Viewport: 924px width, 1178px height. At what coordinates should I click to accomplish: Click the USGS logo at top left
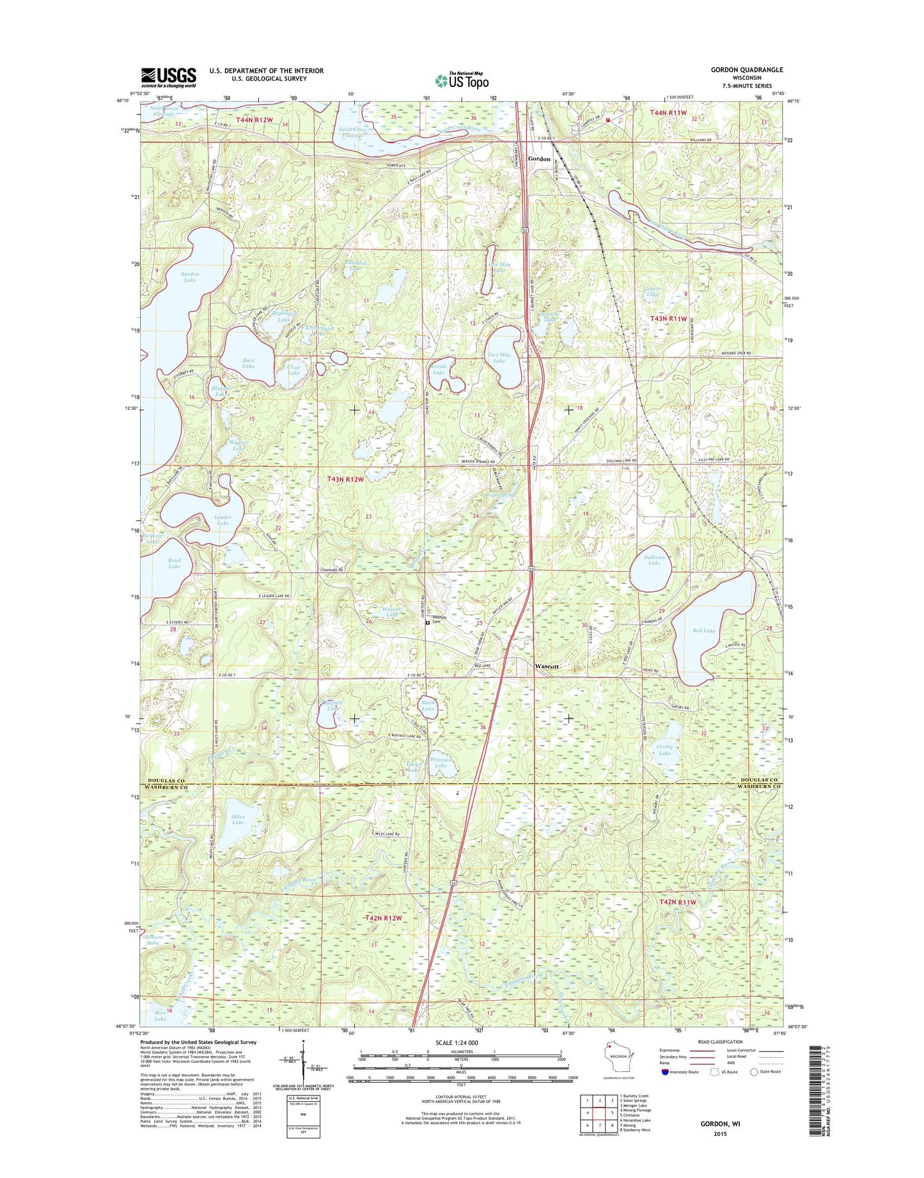pyautogui.click(x=168, y=77)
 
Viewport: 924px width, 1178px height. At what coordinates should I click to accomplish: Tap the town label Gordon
pyautogui.click(x=538, y=159)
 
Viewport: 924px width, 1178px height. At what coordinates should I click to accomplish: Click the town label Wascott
pyautogui.click(x=547, y=666)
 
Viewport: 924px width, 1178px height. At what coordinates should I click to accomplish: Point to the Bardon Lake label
pyautogui.click(x=190, y=277)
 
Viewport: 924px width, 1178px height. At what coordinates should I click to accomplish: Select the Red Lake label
pyautogui.click(x=703, y=631)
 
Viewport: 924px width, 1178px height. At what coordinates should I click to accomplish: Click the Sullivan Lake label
pyautogui.click(x=654, y=560)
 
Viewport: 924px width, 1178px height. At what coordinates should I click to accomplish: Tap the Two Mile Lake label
pyautogui.click(x=499, y=357)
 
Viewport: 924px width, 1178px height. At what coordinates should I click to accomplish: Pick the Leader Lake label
pyautogui.click(x=223, y=520)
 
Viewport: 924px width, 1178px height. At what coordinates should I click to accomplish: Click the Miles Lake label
pyautogui.click(x=238, y=819)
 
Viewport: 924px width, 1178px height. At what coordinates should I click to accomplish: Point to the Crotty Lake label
pyautogui.click(x=664, y=750)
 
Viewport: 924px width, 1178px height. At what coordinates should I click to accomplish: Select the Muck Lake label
pyautogui.click(x=428, y=705)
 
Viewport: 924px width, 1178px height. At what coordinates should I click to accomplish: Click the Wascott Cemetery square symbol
pyautogui.click(x=428, y=622)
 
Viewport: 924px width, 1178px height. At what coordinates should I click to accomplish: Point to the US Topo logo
pyautogui.click(x=462, y=81)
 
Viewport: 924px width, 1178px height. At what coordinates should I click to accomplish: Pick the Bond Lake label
pyautogui.click(x=174, y=563)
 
